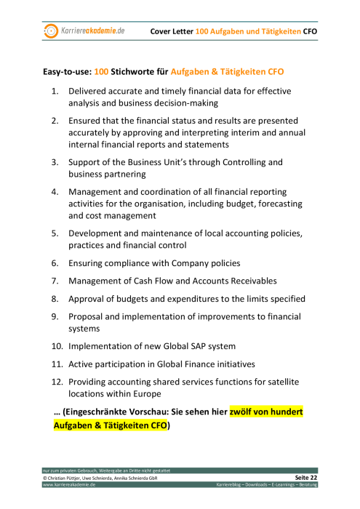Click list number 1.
click(55, 92)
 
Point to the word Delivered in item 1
click(91, 92)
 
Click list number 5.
click(55, 233)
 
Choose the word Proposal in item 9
click(89, 317)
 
